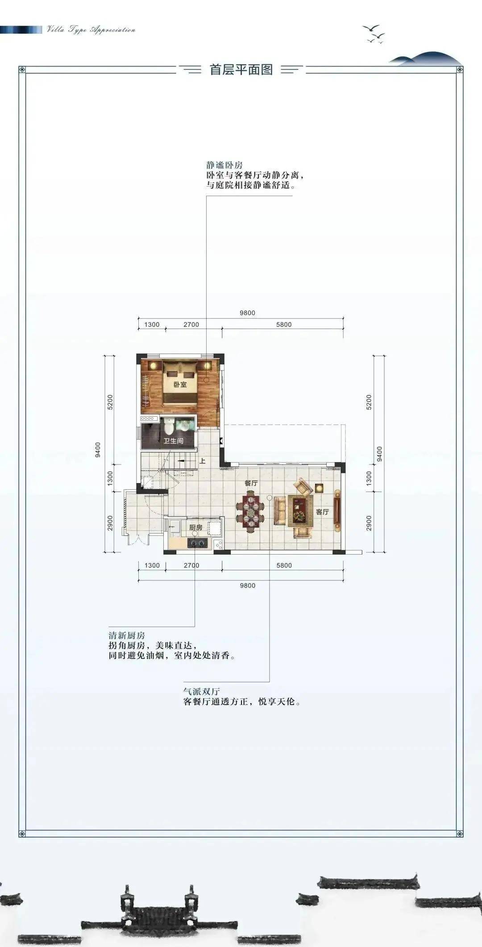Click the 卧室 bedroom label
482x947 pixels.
tap(180, 384)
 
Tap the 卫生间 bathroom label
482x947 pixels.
tap(173, 441)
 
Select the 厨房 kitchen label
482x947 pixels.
tap(196, 527)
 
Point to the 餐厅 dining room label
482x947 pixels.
tap(251, 483)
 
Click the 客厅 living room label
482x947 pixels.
tap(322, 512)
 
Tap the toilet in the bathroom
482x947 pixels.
tap(168, 426)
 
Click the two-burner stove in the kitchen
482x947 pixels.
tap(197, 543)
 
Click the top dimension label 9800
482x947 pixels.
tap(247, 313)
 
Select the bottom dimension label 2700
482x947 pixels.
tap(191, 565)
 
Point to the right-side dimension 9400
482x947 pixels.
tap(380, 454)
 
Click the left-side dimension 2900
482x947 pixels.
tap(110, 523)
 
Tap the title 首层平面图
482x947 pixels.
tap(241, 70)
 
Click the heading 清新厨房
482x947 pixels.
tap(127, 635)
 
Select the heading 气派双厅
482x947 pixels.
tap(202, 691)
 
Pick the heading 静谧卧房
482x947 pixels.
tap(224, 165)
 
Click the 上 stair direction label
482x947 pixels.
tap(202, 461)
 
